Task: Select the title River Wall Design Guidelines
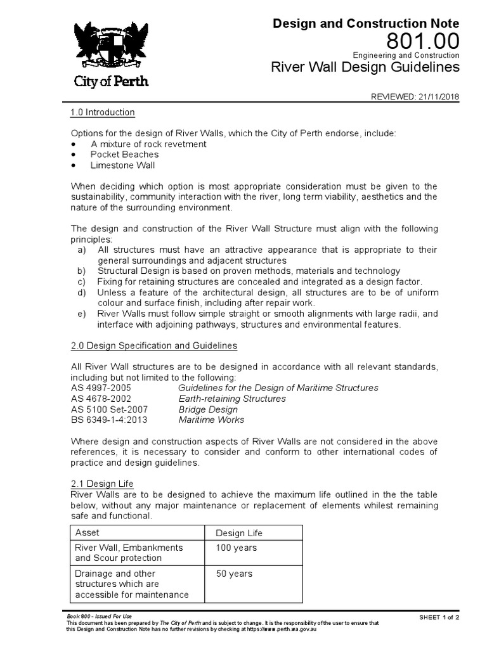[x=365, y=67]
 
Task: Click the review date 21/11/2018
[x=438, y=97]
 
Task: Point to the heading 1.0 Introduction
[x=102, y=112]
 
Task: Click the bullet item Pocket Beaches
[x=124, y=154]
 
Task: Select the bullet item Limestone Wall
[x=122, y=165]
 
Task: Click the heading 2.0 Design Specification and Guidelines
[x=153, y=345]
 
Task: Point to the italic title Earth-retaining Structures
[x=231, y=399]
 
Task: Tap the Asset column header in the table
[x=87, y=532]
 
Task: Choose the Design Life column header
[x=239, y=533]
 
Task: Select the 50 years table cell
[x=233, y=574]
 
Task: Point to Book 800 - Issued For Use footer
[x=98, y=616]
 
